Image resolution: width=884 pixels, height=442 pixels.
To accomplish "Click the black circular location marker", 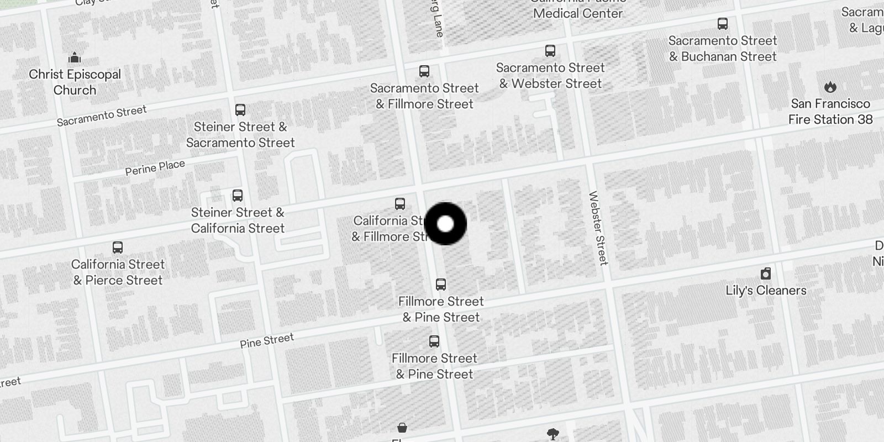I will (445, 224).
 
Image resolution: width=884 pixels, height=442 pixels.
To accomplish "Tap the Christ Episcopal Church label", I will (75, 82).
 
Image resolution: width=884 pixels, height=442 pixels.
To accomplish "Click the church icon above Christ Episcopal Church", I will (75, 57).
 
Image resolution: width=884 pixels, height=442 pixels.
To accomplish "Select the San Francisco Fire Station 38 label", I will (830, 112).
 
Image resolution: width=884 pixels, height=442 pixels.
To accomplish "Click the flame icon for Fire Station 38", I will (830, 87).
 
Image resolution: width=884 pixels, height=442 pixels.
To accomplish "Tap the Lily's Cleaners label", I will (765, 291).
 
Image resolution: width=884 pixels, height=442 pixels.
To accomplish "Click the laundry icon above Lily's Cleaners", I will (765, 273).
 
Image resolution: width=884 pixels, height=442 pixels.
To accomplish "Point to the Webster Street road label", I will (598, 228).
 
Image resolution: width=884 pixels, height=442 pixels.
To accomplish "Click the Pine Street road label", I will (267, 341).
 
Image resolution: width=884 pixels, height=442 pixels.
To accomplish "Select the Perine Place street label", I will (155, 167).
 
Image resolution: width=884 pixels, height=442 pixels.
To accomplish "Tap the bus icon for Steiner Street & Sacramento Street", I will (240, 109).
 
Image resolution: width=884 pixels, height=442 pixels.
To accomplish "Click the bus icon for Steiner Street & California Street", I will (238, 195).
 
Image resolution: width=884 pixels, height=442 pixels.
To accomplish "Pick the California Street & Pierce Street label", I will (118, 272).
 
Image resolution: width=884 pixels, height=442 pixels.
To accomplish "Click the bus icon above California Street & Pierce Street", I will (118, 247).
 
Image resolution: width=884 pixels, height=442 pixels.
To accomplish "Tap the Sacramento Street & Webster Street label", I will (550, 76).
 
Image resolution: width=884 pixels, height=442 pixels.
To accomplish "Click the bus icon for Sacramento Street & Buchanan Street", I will (722, 24).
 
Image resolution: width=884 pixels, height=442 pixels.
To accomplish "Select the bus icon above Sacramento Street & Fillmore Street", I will (424, 71).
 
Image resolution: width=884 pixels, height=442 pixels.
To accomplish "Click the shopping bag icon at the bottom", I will (402, 428).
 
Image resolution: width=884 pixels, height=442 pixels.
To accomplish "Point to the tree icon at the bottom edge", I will (552, 434).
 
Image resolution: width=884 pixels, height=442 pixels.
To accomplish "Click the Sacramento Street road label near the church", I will (102, 115).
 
